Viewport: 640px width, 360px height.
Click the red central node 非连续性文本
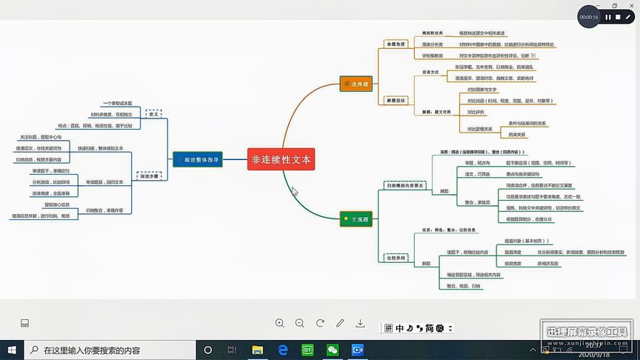(x=281, y=159)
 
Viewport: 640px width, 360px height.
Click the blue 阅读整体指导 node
(x=198, y=159)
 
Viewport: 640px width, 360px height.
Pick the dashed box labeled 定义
(x=154, y=115)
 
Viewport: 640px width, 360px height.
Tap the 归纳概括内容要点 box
(x=404, y=185)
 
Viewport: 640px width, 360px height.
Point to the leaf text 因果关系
(x=517, y=135)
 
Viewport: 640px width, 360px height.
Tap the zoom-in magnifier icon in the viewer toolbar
(x=280, y=323)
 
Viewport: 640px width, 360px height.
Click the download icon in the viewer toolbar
(x=360, y=323)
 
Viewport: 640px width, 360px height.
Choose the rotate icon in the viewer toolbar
(x=320, y=323)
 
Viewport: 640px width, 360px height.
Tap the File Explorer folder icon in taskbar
(x=257, y=350)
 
